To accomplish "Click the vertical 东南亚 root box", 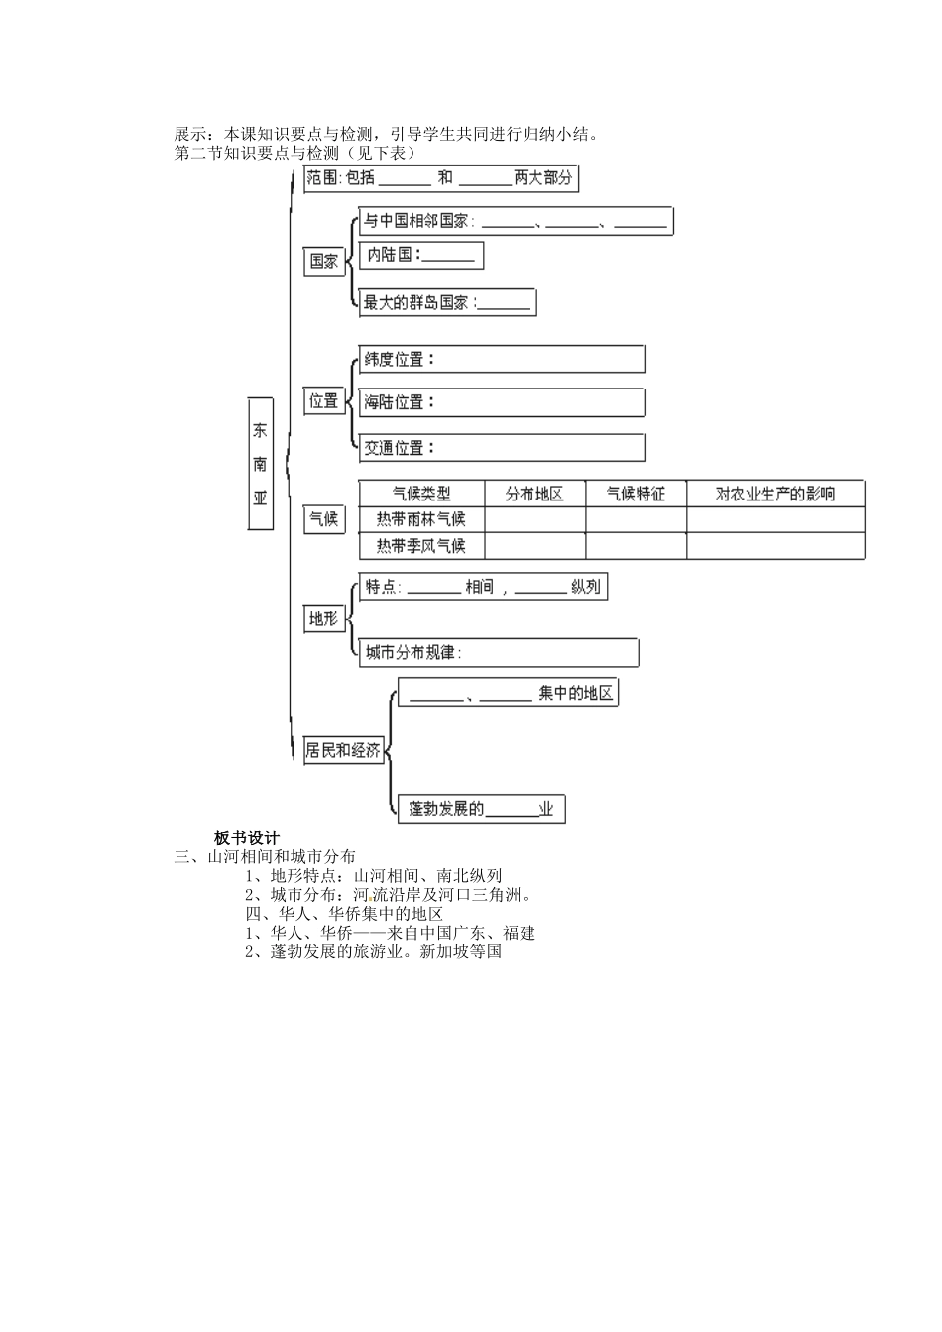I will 260,464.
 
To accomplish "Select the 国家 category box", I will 323,261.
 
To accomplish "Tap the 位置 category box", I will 323,401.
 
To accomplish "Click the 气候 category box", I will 324,518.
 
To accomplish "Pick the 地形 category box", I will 323,619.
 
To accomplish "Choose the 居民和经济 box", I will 343,750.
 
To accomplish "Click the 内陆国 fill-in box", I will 420,256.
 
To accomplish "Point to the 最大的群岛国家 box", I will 447,303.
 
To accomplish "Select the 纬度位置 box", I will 501,360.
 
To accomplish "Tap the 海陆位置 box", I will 501,402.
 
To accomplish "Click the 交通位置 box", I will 501,448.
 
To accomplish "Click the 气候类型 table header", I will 421,494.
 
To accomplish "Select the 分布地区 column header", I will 534,494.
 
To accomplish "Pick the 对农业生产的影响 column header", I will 775,494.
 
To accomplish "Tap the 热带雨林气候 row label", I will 421,519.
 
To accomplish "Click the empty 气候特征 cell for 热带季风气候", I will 636,546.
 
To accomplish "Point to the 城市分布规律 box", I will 499,653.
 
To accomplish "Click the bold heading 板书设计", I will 247,837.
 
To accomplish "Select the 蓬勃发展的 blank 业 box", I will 482,809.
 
